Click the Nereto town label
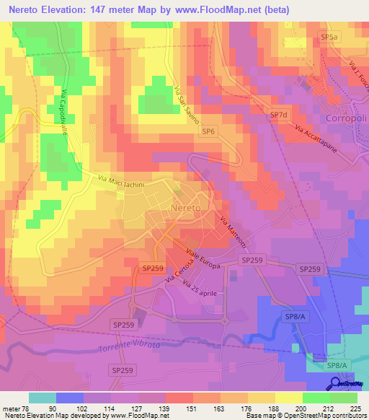[x=190, y=209]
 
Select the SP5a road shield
[x=329, y=35]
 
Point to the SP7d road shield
[x=278, y=115]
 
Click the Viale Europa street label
[x=203, y=259]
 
